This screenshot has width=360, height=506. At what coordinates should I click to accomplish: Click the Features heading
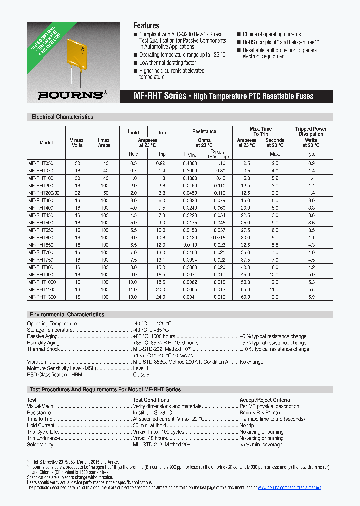pos(146,26)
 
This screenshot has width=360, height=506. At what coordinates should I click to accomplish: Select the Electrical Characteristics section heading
pos(62,117)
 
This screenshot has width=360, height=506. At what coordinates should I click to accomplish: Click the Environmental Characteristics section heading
pos(67,315)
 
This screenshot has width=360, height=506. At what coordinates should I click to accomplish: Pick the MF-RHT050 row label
pos(41,163)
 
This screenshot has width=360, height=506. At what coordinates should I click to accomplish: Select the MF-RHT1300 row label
pos(42,297)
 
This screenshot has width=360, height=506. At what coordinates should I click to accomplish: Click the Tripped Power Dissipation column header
pos(311,131)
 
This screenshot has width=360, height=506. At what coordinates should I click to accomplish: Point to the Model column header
pos(46,143)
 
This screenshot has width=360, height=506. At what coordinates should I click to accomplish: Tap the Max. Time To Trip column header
pos(261,131)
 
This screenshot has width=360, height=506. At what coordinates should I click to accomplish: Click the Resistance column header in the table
pos(204,131)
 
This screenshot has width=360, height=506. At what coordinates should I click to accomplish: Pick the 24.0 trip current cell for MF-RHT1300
pos(161,297)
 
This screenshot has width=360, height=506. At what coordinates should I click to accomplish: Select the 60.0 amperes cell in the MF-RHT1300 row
pos(246,297)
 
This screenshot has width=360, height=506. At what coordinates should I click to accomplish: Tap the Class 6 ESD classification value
pos(141,374)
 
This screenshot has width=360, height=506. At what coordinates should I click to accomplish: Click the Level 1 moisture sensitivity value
pos(141,368)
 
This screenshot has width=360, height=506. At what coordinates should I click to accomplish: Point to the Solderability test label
pos(40,444)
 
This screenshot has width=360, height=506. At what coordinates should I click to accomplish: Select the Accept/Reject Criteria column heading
pos(264,400)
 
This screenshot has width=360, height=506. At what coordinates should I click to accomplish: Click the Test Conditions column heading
pos(151,400)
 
